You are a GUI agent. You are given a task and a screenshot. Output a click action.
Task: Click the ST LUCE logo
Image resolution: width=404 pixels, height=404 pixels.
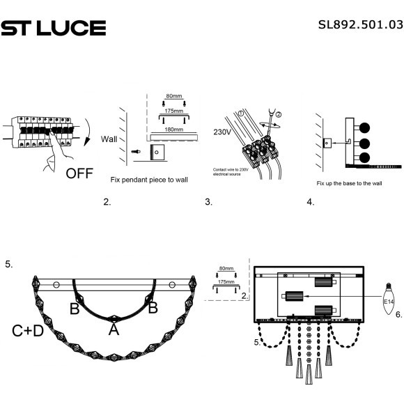(53, 28)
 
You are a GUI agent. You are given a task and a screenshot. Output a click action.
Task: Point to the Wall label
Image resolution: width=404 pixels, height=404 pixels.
(110, 138)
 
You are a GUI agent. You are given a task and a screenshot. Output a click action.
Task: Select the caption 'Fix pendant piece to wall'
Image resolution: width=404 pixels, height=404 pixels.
(149, 179)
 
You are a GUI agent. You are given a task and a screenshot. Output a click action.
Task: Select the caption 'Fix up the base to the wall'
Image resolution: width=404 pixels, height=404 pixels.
(349, 183)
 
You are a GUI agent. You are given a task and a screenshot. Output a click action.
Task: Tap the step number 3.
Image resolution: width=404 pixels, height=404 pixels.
(208, 203)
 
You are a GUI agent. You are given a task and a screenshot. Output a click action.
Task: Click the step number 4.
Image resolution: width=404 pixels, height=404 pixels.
(310, 203)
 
